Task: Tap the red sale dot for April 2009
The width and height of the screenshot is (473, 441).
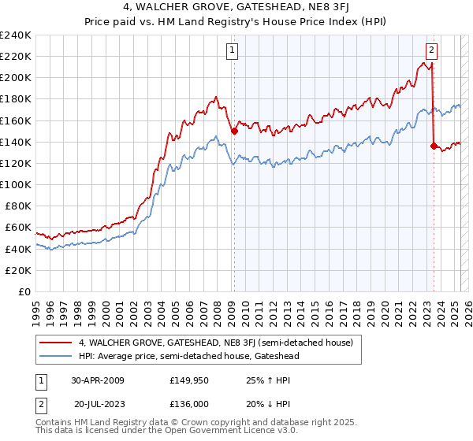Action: point(234,132)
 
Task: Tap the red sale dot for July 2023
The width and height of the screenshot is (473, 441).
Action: point(434,145)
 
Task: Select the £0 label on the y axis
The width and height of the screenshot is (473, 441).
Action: point(25,291)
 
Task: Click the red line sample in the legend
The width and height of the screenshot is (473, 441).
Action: point(56,343)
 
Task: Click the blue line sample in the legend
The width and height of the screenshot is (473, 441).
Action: point(56,357)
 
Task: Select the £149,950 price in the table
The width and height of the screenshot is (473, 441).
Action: point(188,380)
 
